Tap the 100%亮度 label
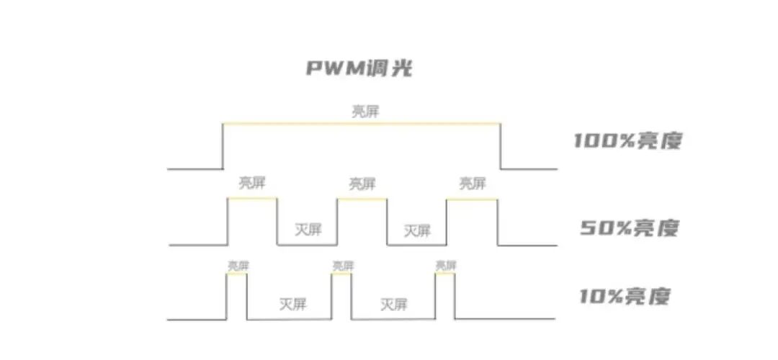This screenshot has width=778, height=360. pos(627,140)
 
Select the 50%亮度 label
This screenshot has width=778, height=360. pos(630,228)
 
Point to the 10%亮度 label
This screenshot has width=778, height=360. pos(625,296)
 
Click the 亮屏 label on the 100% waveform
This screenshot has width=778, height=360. pos(365,112)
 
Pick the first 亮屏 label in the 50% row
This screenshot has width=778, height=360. pos(251,183)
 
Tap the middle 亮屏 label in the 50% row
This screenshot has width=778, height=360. pos(362,184)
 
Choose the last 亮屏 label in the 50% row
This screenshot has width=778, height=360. pos(472,183)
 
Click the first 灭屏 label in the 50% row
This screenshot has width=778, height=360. pos(308,230)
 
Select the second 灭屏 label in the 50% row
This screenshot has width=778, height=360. pos(417,230)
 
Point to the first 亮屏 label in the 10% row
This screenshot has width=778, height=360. pos(238,266)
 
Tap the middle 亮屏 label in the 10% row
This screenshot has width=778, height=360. pos(343,266)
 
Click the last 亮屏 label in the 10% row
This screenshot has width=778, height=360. pos(446,266)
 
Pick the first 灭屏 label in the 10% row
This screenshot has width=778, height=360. pos(292,303)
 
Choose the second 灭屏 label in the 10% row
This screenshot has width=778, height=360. pos(394,303)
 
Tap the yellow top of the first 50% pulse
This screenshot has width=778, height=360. pos(252,199)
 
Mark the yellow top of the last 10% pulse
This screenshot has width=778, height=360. pos(446,274)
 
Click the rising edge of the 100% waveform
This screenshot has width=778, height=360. pos(223,148)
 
